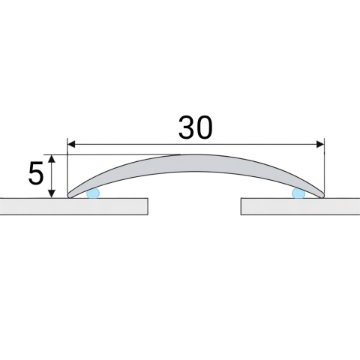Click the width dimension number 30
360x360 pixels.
click(196, 127)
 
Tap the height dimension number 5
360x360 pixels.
click(36, 173)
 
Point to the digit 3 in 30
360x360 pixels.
click(186, 127)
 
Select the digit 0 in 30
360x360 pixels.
click(205, 127)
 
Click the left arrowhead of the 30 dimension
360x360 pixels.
click(71, 144)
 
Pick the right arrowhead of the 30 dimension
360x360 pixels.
click(320, 144)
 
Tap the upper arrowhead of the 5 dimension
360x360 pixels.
click(52, 159)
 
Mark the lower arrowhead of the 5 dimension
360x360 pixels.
click(52, 193)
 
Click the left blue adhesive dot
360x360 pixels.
click(93, 193)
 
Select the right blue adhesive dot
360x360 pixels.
click(298, 193)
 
